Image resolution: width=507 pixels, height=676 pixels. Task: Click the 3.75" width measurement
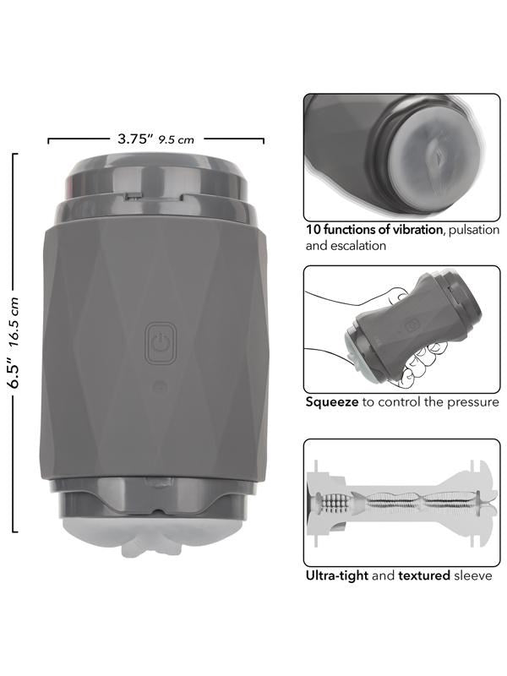[135, 139]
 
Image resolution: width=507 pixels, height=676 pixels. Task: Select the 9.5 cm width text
[177, 139]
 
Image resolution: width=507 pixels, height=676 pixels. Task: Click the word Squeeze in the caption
[332, 403]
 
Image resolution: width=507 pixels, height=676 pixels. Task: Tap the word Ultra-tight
[336, 575]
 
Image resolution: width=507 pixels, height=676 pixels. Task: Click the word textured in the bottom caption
[424, 575]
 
